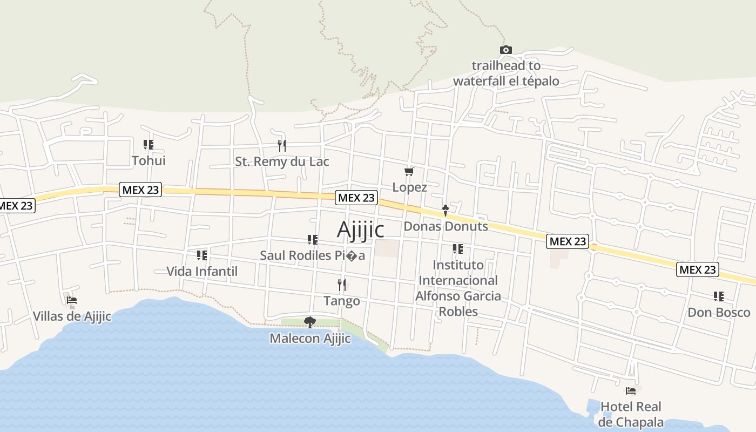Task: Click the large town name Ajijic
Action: point(361,230)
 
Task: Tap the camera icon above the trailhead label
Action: point(505,50)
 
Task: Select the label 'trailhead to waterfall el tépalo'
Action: point(506,73)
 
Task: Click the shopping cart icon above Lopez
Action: point(409,172)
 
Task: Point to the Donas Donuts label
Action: point(446,226)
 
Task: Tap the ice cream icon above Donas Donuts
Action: point(445,210)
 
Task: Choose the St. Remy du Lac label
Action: point(282,161)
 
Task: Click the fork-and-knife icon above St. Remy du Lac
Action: point(281,145)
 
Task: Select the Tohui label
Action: point(148,160)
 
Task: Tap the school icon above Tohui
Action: point(148,145)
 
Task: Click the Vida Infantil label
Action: point(202,271)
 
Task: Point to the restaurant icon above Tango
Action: point(341,285)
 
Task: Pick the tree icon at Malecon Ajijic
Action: point(310,322)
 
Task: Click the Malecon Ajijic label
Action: point(310,339)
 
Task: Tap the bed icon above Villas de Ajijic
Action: point(72,300)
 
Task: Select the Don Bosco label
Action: point(719,313)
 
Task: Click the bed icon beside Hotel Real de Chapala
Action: point(630,390)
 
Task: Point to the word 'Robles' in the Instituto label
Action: point(458,312)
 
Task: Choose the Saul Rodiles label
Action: point(312,255)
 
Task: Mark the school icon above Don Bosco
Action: point(719,296)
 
